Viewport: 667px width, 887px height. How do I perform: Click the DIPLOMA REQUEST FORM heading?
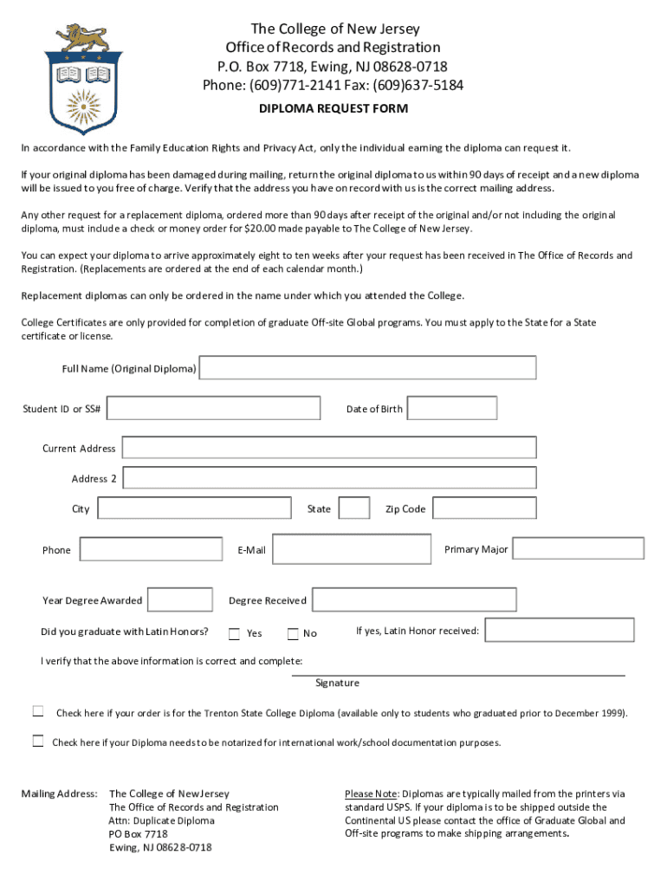(333, 109)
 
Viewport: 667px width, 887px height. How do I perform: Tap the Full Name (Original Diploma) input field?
(367, 368)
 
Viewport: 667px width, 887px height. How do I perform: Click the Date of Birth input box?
(451, 408)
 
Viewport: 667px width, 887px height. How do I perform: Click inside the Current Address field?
(328, 448)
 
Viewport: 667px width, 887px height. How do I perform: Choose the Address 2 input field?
(329, 478)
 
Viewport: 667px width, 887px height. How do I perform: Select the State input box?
(353, 508)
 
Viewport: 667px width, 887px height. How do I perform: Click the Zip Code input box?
(484, 508)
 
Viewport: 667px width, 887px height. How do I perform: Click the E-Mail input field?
(351, 549)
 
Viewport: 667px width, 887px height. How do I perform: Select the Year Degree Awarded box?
(179, 599)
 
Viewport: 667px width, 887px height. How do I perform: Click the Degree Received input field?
(413, 599)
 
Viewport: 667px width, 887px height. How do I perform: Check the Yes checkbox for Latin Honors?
(234, 633)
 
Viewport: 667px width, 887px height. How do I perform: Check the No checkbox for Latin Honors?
(293, 633)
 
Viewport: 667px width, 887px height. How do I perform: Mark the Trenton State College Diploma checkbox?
(38, 712)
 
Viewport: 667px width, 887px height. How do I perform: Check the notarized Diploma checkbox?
(38, 741)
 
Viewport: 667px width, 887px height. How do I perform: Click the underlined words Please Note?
(371, 793)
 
